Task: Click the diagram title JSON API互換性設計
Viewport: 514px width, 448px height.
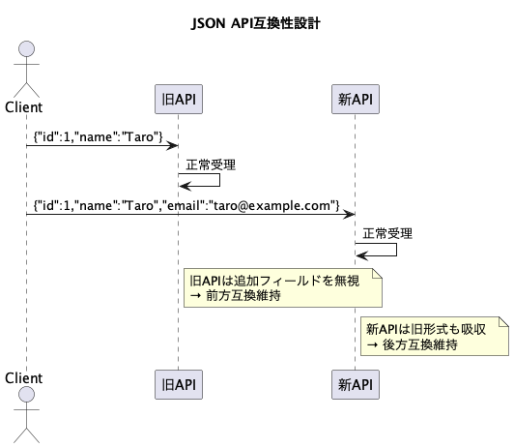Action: point(256,23)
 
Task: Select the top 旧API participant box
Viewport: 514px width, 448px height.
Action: point(179,99)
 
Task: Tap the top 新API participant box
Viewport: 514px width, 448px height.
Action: point(356,99)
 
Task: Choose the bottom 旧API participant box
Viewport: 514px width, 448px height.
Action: point(179,385)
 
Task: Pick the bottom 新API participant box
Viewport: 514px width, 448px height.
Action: point(356,385)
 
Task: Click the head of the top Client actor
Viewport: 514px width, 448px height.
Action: point(26,49)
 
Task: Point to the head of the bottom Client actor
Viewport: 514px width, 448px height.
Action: point(26,395)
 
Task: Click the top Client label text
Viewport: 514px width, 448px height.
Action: point(23,107)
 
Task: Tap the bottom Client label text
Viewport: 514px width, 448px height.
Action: point(23,378)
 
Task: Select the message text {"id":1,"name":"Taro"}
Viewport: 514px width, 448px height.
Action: point(98,136)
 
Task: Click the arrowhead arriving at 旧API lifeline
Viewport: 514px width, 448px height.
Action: point(172,146)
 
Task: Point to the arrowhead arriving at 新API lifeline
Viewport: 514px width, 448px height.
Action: point(349,215)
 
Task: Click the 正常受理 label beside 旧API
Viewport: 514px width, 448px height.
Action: point(211,164)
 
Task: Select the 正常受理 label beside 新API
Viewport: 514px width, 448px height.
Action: point(387,234)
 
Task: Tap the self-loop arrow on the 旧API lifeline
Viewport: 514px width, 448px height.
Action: point(219,180)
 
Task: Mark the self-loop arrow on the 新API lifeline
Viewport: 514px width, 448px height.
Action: point(397,250)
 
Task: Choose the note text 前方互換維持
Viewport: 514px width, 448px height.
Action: point(243,296)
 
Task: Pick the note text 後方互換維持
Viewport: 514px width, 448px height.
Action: point(420,344)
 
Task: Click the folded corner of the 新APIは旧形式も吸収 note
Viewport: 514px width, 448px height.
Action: point(503,321)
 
